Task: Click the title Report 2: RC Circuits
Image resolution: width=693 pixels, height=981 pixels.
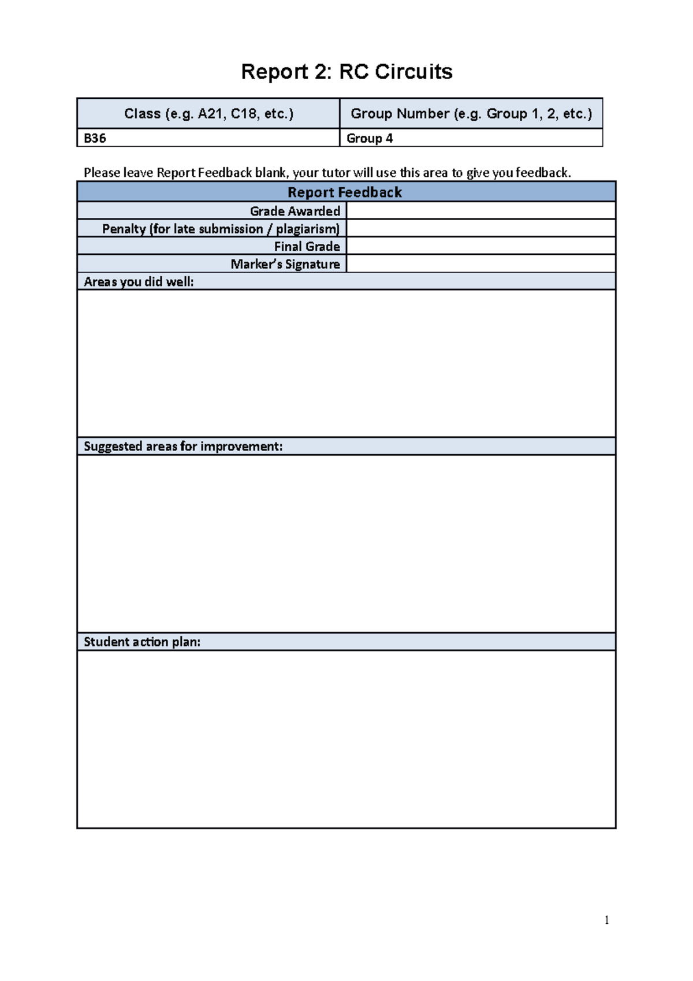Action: click(x=346, y=72)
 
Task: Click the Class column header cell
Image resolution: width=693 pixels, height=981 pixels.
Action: click(x=208, y=113)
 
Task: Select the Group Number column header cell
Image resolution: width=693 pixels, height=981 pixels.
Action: click(x=471, y=113)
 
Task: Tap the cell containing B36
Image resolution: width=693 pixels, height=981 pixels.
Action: click(x=208, y=138)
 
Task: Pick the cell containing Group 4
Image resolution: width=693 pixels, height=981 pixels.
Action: click(x=471, y=138)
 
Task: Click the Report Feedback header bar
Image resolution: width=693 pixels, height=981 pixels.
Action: click(x=345, y=192)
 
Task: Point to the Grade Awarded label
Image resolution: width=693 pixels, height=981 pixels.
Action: click(x=295, y=211)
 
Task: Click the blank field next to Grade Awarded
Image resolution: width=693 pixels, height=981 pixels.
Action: click(x=480, y=210)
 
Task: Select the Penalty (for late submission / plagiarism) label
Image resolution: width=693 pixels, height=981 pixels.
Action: click(x=221, y=229)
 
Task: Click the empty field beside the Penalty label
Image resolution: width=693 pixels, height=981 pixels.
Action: click(x=480, y=228)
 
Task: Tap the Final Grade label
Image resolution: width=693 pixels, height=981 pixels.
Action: click(x=307, y=246)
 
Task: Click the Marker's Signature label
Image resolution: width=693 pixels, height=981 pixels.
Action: click(x=285, y=264)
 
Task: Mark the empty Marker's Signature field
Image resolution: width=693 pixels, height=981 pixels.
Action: click(x=480, y=263)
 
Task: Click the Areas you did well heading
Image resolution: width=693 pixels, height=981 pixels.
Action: click(x=139, y=281)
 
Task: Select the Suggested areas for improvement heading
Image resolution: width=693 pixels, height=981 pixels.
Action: click(x=183, y=446)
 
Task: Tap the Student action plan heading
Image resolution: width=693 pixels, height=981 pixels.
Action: click(x=142, y=642)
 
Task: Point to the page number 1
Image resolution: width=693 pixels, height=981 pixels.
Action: click(x=606, y=920)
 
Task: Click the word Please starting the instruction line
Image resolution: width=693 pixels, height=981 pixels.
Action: click(x=102, y=173)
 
